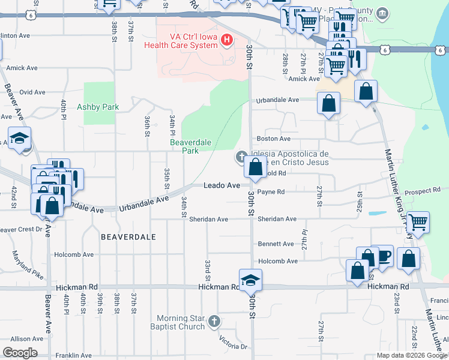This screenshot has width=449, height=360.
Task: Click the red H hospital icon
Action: pos(226,41)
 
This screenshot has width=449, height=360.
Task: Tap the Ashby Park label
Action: pos(98,107)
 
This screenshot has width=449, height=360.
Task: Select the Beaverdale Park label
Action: pos(184,146)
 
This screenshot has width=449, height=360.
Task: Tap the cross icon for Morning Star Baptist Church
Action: pos(213,322)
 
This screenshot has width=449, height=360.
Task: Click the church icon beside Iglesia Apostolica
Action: pos(241,158)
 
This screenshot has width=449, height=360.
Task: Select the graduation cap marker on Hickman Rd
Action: pos(250,280)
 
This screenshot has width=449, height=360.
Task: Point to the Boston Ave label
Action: pos(270,139)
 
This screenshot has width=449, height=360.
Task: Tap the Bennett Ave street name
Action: pos(276,244)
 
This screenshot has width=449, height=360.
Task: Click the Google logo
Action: pos(20,352)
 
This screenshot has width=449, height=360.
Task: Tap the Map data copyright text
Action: pos(412,356)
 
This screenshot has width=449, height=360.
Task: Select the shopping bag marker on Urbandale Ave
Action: pos(329,103)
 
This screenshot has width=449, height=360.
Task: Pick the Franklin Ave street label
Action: pos(73,356)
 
